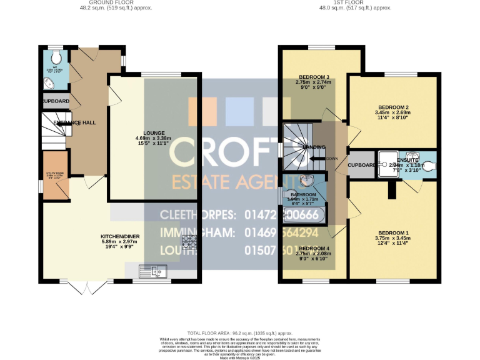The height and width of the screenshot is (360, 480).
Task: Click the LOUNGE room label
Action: pyautogui.click(x=154, y=133)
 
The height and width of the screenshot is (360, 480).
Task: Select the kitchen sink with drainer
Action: pyautogui.click(x=153, y=271)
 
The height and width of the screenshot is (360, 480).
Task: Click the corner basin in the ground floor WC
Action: pyautogui.click(x=47, y=81)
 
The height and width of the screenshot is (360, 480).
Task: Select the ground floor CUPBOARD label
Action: pyautogui.click(x=55, y=101)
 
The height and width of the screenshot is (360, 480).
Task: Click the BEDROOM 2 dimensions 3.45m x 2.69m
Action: pyautogui.click(x=392, y=113)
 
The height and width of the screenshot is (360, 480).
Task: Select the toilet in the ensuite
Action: pyautogui.click(x=430, y=166)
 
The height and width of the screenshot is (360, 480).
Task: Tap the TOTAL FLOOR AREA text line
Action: pyautogui.click(x=240, y=334)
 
